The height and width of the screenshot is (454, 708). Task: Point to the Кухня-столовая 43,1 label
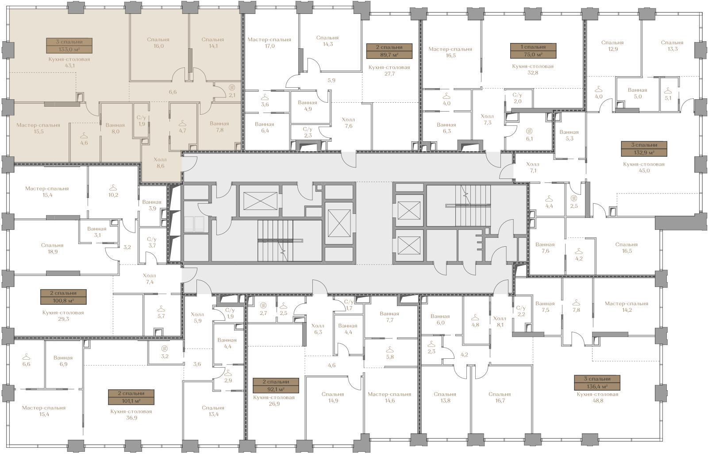click(69, 62)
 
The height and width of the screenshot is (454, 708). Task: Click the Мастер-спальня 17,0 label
click(269, 43)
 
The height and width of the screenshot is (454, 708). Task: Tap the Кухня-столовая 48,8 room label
click(597, 397)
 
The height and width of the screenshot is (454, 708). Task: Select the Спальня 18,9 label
click(52, 248)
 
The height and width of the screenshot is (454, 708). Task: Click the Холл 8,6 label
click(160, 163)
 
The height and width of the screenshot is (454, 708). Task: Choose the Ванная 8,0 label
click(115, 128)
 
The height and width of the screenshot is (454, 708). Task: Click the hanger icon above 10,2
click(113, 187)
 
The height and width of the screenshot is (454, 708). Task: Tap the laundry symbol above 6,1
click(529, 131)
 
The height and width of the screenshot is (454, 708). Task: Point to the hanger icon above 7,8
click(576, 303)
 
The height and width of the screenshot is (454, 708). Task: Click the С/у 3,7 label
click(152, 242)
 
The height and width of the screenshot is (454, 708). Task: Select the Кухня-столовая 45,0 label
click(644, 167)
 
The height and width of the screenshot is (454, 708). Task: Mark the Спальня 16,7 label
click(500, 397)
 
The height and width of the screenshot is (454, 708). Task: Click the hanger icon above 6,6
click(26, 357)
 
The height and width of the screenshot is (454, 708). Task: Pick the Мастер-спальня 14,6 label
click(389, 397)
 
